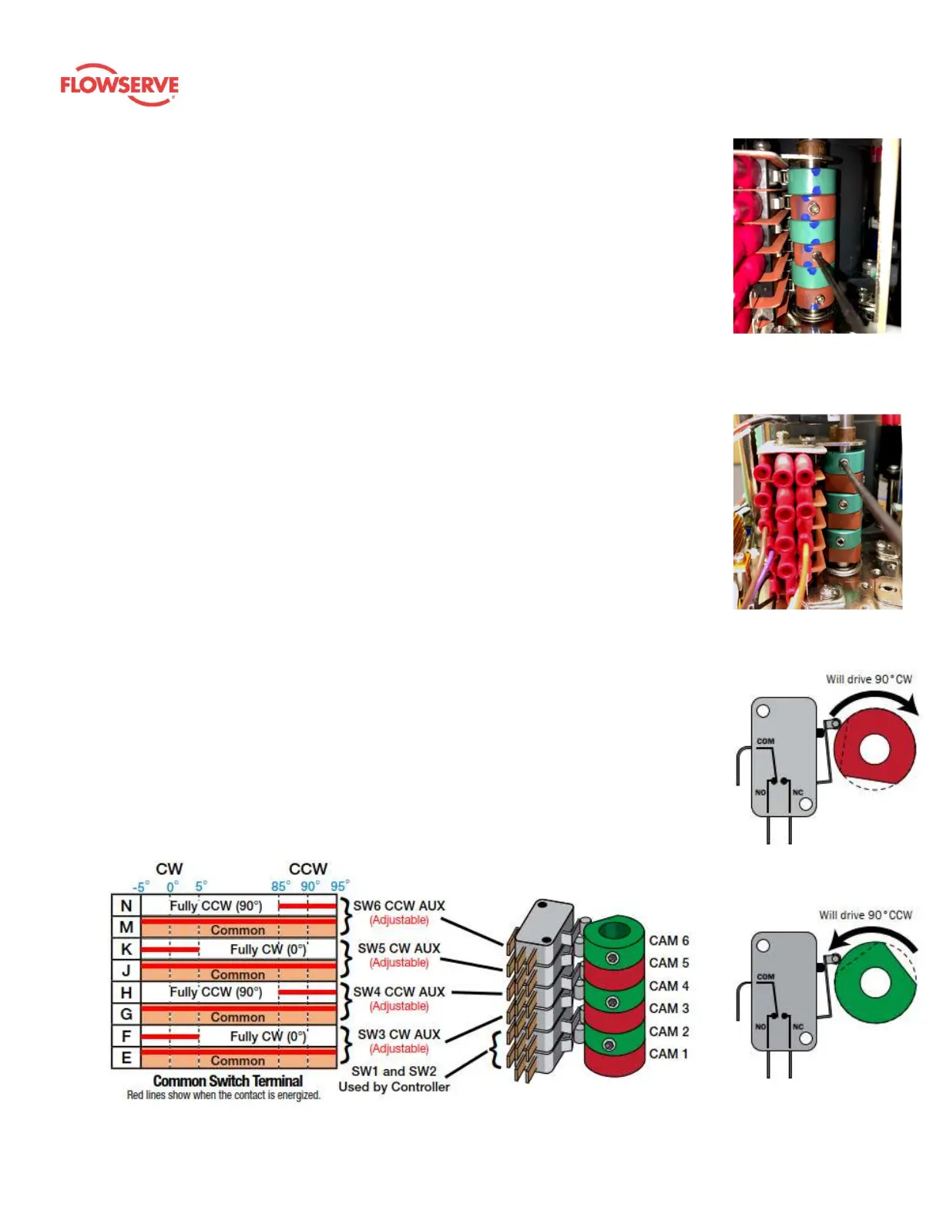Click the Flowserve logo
click(119, 85)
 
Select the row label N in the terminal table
click(126, 906)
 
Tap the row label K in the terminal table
click(126, 949)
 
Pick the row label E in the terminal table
click(126, 1058)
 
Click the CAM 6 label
click(669, 940)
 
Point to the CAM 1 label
click(669, 1054)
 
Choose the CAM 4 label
click(669, 986)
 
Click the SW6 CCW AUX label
click(399, 906)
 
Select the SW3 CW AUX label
click(399, 1034)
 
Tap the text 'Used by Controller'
click(394, 1087)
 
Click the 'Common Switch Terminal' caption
click(228, 1081)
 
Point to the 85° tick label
click(279, 886)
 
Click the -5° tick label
click(140, 887)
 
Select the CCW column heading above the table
click(308, 869)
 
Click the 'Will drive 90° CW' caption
click(868, 679)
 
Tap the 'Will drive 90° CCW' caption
click(865, 915)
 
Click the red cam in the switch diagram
click(874, 748)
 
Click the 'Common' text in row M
click(237, 930)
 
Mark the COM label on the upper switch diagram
click(765, 741)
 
